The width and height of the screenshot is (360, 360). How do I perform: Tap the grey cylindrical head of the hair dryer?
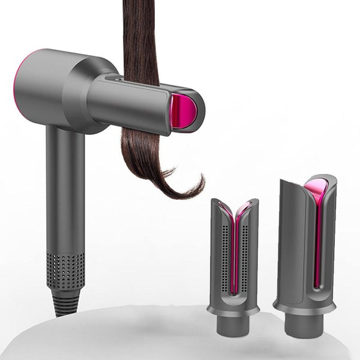coord(60,90)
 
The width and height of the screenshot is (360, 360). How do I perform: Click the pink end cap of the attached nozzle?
coord(185,111)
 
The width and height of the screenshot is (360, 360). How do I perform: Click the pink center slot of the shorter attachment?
coord(234,252)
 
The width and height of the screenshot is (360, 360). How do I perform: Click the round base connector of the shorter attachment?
coord(233,327)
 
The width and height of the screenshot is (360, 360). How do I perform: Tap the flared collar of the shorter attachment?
coord(233,309)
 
